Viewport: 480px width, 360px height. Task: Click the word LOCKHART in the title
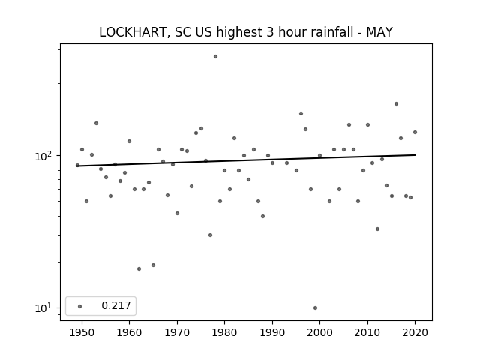pyautogui.click(x=133, y=32)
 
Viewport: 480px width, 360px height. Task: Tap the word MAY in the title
pyautogui.click(x=379, y=32)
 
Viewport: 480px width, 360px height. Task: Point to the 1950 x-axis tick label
pyautogui.click(x=82, y=332)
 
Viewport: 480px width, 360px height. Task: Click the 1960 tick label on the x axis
pyautogui.click(x=129, y=332)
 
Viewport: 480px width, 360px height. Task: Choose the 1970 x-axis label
pyautogui.click(x=177, y=332)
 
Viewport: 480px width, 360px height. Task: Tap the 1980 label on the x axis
pyautogui.click(x=224, y=332)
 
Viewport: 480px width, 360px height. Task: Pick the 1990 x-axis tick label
pyautogui.click(x=272, y=332)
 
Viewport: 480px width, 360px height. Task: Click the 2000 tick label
pyautogui.click(x=319, y=332)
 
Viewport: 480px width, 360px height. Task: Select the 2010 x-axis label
pyautogui.click(x=367, y=332)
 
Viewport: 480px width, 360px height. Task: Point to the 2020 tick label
pyautogui.click(x=415, y=332)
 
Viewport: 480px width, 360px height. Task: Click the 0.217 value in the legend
pyautogui.click(x=116, y=305)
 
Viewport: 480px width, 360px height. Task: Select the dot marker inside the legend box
pyautogui.click(x=79, y=306)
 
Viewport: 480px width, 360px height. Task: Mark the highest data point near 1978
pyautogui.click(x=215, y=57)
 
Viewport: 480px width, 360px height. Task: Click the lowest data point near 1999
pyautogui.click(x=315, y=308)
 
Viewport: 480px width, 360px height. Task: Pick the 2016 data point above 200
pyautogui.click(x=396, y=103)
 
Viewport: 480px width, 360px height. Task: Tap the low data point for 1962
pyautogui.click(x=139, y=268)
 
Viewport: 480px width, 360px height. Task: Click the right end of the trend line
pyautogui.click(x=415, y=155)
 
